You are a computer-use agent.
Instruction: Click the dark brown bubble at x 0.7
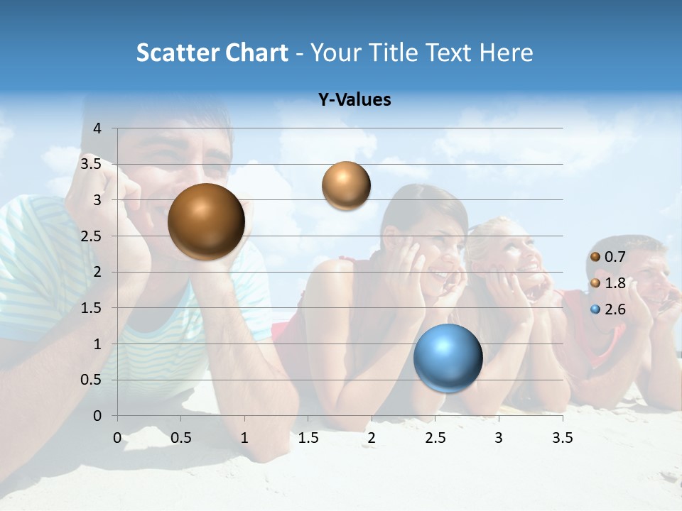(x=207, y=221)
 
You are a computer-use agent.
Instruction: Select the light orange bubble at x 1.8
(x=346, y=186)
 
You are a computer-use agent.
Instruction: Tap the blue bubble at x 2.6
(x=448, y=358)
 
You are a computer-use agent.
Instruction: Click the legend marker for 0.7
(x=595, y=257)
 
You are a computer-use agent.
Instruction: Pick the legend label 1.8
(x=615, y=283)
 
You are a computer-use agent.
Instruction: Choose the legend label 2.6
(x=615, y=309)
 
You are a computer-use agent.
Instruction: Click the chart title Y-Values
(x=354, y=100)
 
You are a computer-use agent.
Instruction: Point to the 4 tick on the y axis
(x=97, y=128)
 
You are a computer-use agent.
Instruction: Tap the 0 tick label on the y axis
(x=97, y=416)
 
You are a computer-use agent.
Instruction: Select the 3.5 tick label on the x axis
(x=563, y=438)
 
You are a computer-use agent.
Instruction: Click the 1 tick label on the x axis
(x=244, y=438)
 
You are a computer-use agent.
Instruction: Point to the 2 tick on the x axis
(x=372, y=438)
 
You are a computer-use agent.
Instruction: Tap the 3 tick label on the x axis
(x=499, y=438)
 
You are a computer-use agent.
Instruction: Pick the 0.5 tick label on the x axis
(x=181, y=438)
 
